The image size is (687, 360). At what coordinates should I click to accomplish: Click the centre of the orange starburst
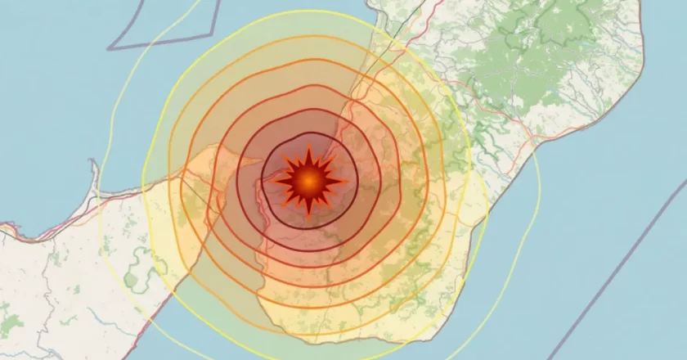[x=308, y=181]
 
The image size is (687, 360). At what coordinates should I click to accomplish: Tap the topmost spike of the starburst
[x=308, y=148]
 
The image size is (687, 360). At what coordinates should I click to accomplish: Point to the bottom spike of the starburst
[x=308, y=215]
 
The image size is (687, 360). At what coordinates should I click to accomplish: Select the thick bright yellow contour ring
[x=469, y=180]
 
